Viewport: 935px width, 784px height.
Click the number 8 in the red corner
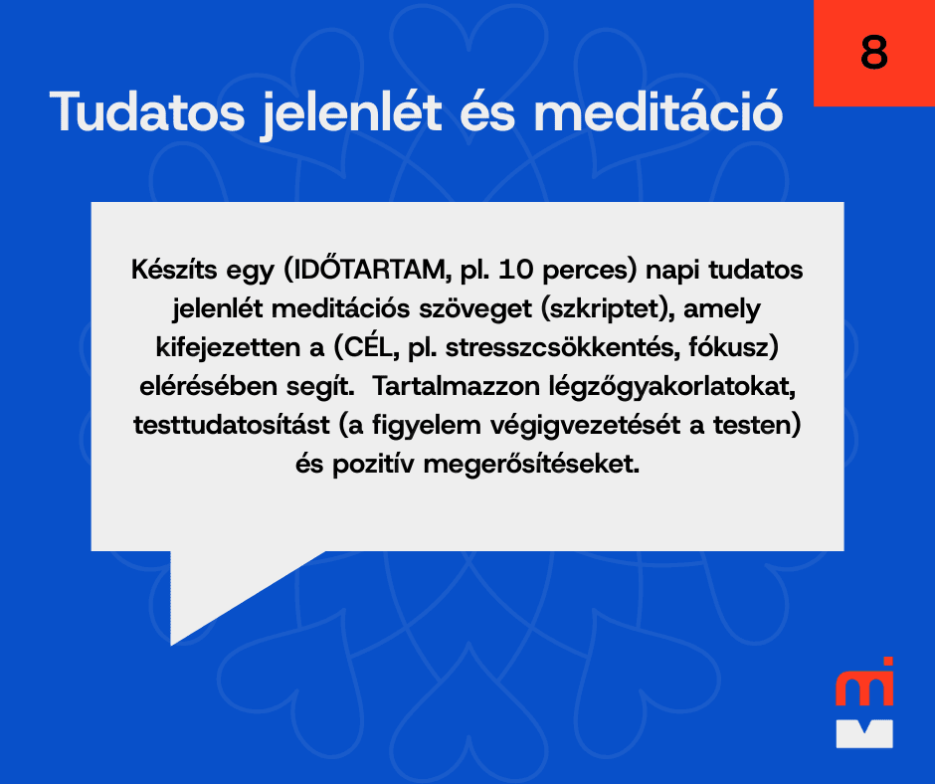point(873,52)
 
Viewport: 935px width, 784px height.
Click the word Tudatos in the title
point(147,111)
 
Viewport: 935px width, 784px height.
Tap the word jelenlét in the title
point(352,114)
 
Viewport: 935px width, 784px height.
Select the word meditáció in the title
point(658,111)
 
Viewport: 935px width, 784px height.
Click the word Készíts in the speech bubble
point(174,270)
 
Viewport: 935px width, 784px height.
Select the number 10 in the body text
point(515,270)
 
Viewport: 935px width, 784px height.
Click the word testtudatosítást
point(232,426)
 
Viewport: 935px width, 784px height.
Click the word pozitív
point(373,465)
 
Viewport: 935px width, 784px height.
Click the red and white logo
point(864,702)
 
